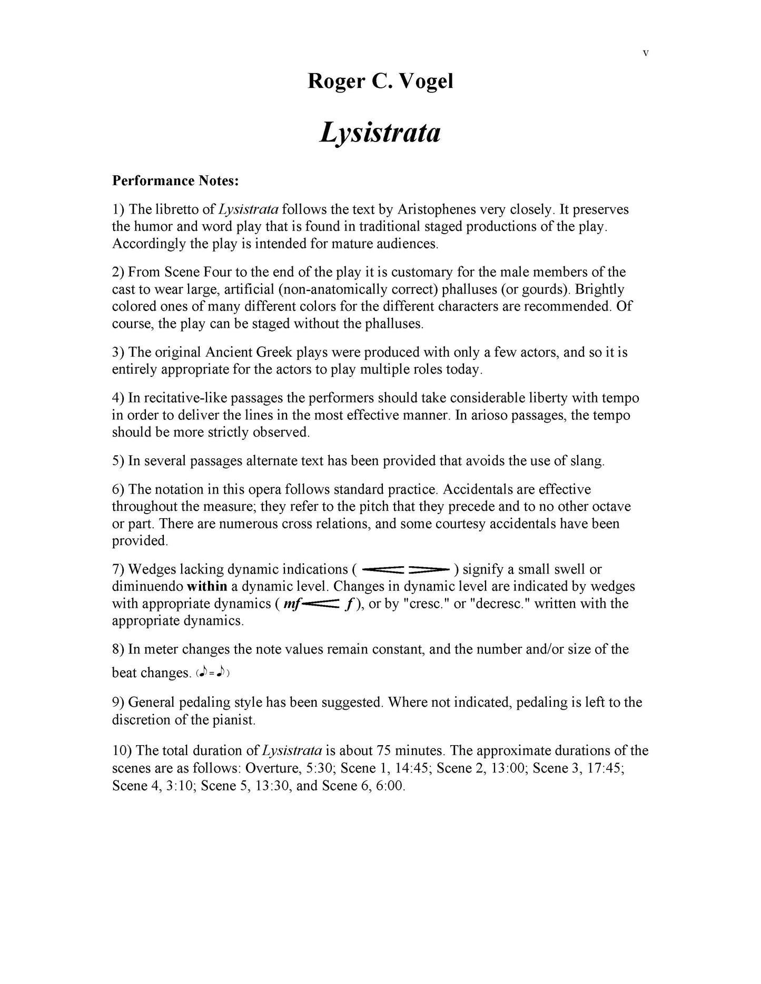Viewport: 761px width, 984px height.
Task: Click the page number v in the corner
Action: (646, 53)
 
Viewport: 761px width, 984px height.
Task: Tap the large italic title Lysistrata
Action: (380, 132)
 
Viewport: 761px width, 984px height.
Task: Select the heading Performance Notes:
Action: (175, 181)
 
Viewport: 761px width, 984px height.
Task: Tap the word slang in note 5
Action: (586, 461)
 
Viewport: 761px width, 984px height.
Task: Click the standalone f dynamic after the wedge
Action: (349, 604)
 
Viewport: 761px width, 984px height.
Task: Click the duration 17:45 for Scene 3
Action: (607, 768)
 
